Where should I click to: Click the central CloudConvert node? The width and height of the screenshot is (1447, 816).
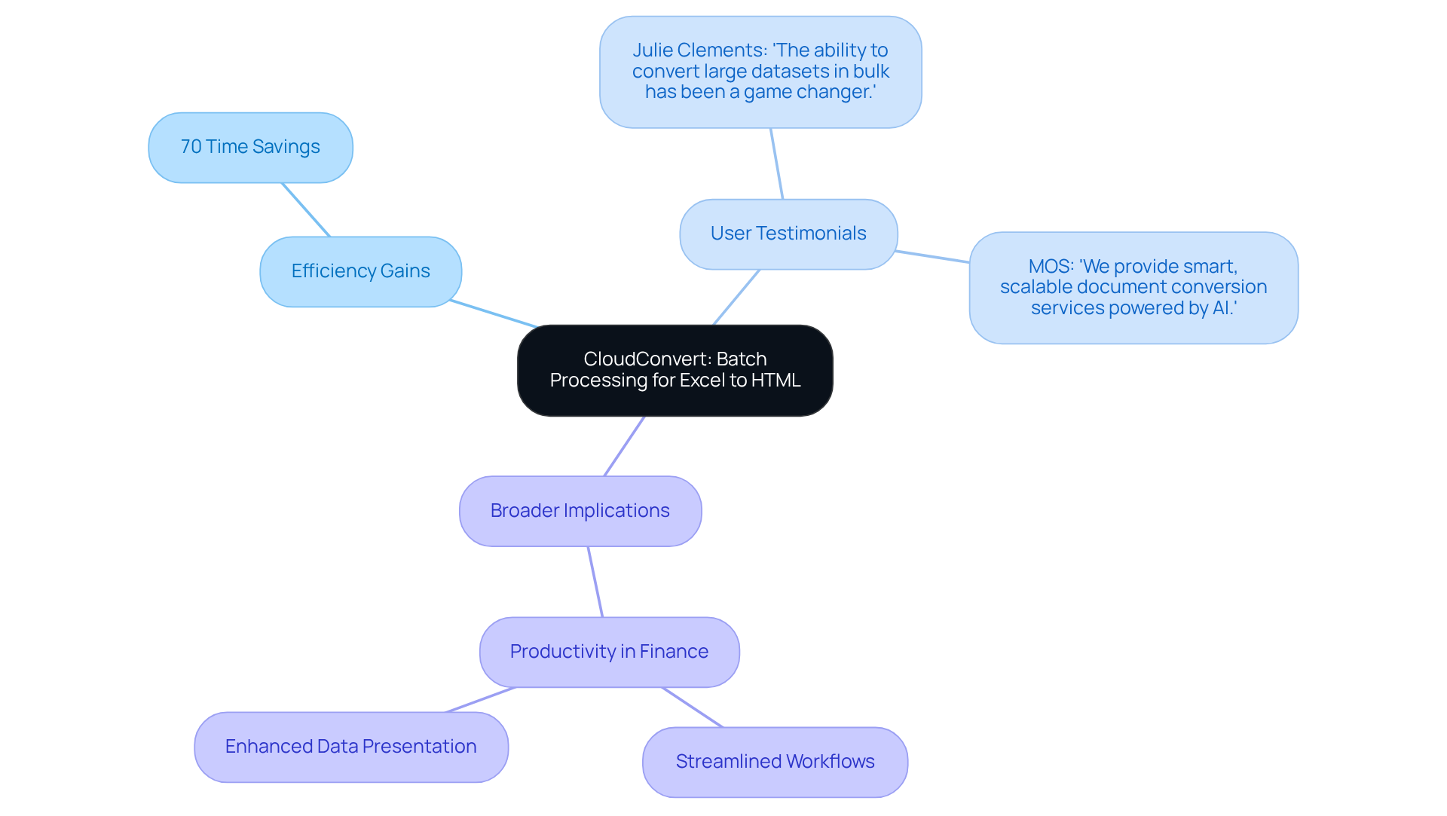(x=675, y=370)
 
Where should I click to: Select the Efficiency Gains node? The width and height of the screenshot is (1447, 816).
(x=360, y=271)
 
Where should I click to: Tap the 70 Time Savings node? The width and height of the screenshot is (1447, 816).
(x=250, y=147)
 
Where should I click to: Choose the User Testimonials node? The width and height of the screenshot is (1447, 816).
(x=788, y=234)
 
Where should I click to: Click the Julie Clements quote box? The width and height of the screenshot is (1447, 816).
(x=760, y=72)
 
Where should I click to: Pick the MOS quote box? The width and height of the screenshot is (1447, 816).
(x=1133, y=287)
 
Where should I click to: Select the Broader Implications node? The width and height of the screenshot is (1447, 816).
(x=580, y=511)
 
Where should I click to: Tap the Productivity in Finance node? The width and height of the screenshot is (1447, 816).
(x=609, y=652)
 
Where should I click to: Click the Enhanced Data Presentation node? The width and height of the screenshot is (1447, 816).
(x=350, y=747)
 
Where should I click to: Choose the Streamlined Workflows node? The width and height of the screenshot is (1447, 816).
(x=775, y=762)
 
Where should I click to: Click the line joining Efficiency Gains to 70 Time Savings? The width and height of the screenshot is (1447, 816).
(x=306, y=209)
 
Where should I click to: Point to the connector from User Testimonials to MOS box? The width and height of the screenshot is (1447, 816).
(x=932, y=256)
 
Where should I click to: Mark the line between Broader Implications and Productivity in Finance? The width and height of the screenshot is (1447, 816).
(x=595, y=582)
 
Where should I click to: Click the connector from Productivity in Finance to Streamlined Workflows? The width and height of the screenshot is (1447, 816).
(x=693, y=708)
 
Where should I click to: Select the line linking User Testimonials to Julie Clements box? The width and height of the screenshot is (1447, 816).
(x=776, y=164)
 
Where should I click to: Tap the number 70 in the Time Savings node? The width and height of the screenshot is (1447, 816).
(x=191, y=147)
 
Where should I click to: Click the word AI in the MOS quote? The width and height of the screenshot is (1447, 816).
(x=1221, y=308)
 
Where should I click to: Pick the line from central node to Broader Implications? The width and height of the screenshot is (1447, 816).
(x=624, y=446)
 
